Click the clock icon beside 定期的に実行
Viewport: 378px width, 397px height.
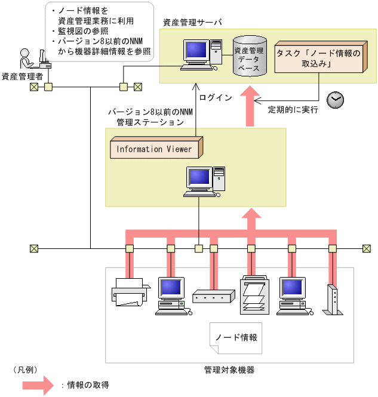click(335, 100)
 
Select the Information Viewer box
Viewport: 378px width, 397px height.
click(156, 147)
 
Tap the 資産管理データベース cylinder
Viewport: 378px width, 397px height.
click(250, 56)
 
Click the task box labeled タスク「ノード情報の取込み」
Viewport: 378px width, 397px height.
click(321, 57)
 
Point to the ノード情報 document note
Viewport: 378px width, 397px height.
click(236, 338)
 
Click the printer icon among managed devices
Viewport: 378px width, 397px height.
click(131, 292)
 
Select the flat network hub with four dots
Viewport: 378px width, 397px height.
click(214, 296)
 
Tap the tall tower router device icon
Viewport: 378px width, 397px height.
click(333, 300)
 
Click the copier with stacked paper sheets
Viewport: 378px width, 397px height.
click(254, 296)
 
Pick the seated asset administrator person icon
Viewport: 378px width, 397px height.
click(26, 59)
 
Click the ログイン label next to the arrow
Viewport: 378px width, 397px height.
click(216, 97)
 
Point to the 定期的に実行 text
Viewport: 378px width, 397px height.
click(293, 110)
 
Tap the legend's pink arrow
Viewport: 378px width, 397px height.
click(38, 385)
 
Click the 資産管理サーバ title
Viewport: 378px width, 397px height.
click(192, 23)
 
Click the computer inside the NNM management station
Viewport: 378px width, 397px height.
click(204, 181)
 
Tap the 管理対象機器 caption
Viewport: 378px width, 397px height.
click(229, 370)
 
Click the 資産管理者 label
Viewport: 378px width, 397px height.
click(22, 76)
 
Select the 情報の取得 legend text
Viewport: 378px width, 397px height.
click(88, 385)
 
